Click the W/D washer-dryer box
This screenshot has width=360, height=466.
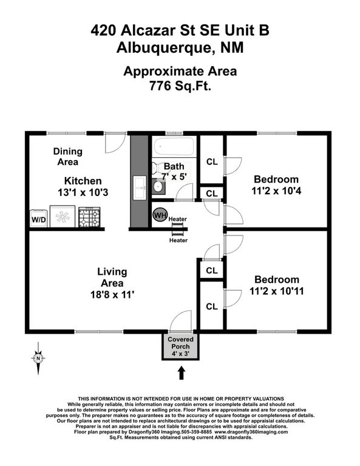(38, 218)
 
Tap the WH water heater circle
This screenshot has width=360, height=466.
(160, 215)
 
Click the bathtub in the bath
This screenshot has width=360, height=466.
(174, 146)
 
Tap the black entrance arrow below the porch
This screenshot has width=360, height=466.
(181, 372)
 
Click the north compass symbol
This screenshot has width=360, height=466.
(38, 358)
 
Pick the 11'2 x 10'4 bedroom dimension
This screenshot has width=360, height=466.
(276, 191)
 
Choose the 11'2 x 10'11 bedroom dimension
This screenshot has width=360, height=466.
(276, 291)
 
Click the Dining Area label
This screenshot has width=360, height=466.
(67, 157)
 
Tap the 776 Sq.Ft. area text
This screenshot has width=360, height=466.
(180, 86)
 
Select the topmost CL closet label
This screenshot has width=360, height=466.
(212, 161)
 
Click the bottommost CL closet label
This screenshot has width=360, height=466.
(212, 306)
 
